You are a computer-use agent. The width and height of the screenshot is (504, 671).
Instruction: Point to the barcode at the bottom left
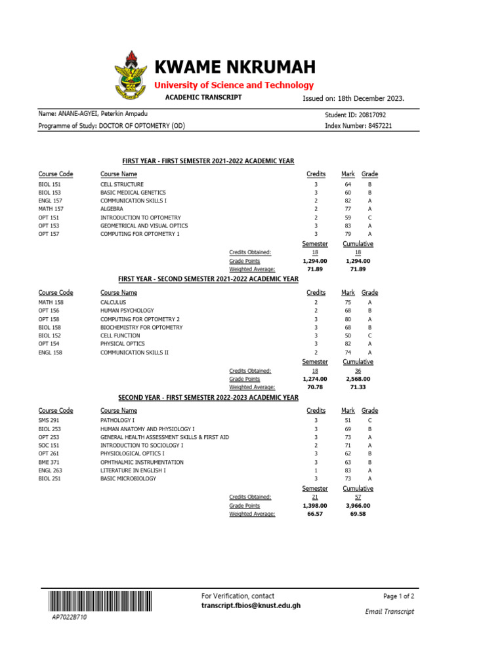coord(98,602)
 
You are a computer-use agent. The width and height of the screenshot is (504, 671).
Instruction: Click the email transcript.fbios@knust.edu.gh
coord(251,606)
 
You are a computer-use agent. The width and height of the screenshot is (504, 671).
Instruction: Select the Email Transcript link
coord(389,611)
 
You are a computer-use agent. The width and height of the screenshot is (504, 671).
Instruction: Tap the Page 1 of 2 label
coord(398,596)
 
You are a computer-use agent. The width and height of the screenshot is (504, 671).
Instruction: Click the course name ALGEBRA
coord(112,209)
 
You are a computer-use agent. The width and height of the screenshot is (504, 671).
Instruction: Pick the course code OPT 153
coord(49,225)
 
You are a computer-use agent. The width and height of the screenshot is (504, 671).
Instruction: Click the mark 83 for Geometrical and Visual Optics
coord(348,225)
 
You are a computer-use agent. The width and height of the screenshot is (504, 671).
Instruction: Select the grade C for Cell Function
coord(370,335)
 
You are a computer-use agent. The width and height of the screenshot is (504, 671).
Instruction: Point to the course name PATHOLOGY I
coord(117,420)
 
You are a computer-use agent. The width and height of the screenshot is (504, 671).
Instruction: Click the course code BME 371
coord(49,462)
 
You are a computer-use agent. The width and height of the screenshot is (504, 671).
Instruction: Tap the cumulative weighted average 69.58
coord(358,514)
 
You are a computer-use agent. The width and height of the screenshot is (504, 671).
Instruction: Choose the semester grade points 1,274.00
coord(315,379)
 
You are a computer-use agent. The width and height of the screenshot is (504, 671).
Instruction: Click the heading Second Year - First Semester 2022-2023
coord(208,398)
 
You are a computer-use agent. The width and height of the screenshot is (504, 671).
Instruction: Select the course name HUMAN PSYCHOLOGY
coord(127,311)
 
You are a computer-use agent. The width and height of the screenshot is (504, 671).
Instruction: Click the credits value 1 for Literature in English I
coord(316,470)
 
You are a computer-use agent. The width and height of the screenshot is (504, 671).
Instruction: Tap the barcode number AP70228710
coord(69,618)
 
